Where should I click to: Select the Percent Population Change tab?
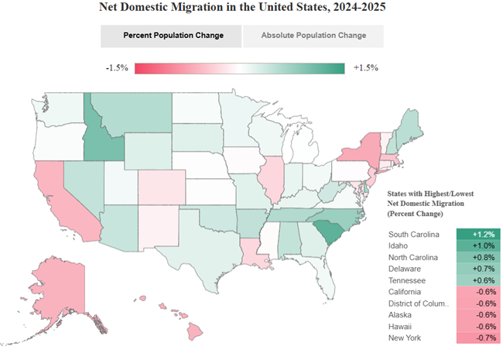coord(171,36)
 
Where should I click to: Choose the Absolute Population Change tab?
coord(313,36)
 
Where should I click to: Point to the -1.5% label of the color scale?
coord(116,68)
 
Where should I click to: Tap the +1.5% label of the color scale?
coord(365,68)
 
